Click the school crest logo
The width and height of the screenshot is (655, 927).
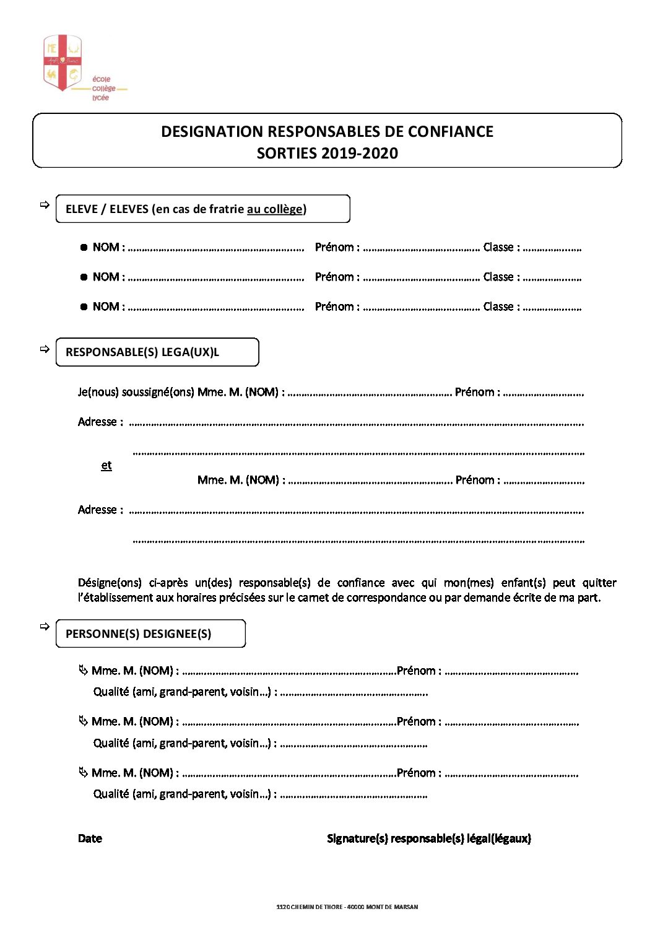coord(62,63)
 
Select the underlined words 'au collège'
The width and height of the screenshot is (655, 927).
coord(274,209)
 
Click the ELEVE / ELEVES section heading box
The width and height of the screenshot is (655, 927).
coord(202,209)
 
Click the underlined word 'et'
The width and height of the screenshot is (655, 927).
coord(106,466)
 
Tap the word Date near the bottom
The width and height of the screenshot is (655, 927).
coord(90,838)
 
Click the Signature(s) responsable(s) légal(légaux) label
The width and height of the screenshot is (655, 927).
coord(428,838)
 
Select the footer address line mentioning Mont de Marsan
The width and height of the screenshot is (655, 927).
coord(347,907)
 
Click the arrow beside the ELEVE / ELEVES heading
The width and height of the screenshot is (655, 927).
coord(45,205)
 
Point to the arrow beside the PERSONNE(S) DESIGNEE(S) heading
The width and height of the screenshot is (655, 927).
coord(45,627)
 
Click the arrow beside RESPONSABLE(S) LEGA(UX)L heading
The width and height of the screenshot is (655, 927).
coord(45,349)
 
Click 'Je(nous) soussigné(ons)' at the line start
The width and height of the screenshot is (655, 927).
coord(136,393)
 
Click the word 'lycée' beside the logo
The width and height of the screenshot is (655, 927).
coord(100,98)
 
